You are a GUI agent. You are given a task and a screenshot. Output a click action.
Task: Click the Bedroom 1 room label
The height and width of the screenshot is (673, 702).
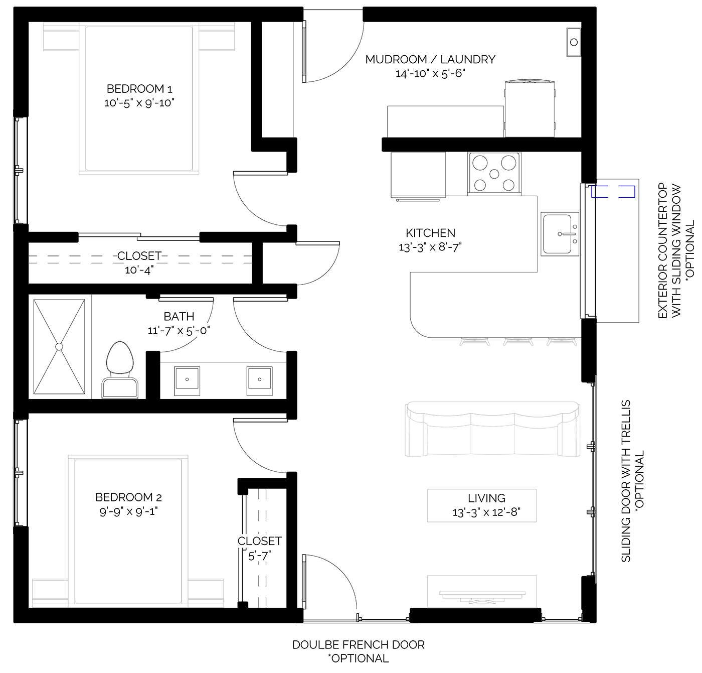click(139, 89)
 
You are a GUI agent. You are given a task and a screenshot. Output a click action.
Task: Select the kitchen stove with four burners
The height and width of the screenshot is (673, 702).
click(494, 174)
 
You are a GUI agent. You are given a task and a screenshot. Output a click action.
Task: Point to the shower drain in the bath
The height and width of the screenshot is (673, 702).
click(59, 346)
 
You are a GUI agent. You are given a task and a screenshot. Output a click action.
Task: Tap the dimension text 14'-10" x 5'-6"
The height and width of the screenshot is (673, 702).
click(430, 74)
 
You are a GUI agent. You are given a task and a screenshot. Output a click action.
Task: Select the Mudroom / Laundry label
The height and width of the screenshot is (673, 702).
click(430, 59)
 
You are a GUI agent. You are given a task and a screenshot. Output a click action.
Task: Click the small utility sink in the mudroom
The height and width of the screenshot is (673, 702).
click(574, 42)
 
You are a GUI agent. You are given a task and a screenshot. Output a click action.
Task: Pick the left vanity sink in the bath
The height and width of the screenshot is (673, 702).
click(187, 379)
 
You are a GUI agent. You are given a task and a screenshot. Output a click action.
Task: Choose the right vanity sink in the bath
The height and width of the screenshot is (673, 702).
click(259, 379)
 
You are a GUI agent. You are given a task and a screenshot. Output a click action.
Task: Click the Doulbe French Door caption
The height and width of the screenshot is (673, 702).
click(358, 645)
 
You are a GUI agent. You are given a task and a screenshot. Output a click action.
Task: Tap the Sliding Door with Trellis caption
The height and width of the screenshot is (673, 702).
click(626, 481)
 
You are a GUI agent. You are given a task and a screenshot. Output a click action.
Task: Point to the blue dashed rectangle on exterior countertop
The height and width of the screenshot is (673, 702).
click(613, 191)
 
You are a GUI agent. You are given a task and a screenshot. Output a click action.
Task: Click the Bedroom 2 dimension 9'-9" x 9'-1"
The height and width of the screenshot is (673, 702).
click(128, 511)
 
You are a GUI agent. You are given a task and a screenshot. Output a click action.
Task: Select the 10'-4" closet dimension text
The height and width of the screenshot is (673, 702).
click(139, 270)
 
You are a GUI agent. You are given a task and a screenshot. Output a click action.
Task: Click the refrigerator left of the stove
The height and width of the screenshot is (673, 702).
click(418, 175)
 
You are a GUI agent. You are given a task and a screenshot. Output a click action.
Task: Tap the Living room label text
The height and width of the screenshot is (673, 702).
click(486, 498)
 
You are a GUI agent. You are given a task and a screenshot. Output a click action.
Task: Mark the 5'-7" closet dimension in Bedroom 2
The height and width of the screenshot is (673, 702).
click(259, 556)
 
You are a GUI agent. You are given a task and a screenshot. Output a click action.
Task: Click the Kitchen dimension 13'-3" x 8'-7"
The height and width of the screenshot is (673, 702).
click(430, 247)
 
